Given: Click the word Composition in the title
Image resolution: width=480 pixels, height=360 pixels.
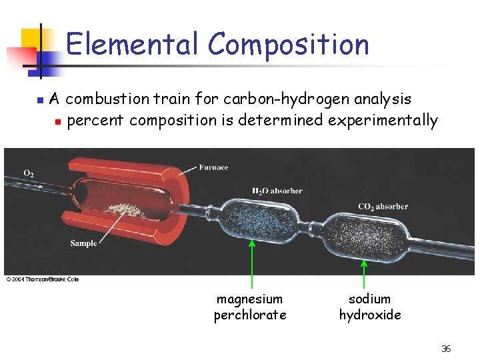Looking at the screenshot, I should [288, 44].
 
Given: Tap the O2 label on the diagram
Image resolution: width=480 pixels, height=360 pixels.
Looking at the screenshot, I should [29, 173].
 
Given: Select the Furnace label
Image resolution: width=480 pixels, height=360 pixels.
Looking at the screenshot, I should [213, 167].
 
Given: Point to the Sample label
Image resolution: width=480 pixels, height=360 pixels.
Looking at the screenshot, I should [83, 243].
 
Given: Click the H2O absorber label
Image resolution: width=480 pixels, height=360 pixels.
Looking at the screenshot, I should [277, 191].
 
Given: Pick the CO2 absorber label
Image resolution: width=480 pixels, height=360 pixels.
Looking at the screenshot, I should [383, 207].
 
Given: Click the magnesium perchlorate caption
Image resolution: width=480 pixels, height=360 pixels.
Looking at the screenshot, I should [250, 307].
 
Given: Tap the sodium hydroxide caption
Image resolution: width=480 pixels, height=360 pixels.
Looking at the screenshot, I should [370, 307].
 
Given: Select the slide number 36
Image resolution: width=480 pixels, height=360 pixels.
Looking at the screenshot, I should [446, 349].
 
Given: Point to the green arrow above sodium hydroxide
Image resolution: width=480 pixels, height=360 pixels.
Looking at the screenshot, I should [364, 273].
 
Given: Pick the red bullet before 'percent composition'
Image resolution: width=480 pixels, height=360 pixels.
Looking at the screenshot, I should [58, 122].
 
